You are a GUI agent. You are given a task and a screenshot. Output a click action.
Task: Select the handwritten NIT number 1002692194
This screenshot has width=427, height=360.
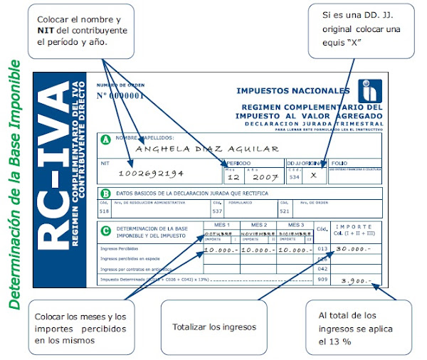coord(151,173)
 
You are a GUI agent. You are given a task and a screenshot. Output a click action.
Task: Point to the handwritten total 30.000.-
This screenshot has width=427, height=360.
coord(352,248)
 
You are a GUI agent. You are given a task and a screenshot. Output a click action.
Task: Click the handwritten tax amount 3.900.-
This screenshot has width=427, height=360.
coord(357,280)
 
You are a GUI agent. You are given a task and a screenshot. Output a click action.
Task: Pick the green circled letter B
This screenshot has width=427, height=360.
coord(106,193)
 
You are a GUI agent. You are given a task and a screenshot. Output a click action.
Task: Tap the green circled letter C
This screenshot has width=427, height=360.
coord(106,229)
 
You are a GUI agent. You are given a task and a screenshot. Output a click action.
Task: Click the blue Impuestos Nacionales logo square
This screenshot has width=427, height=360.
coord(369,90)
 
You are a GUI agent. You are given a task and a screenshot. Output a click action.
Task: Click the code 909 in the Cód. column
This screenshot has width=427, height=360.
coord(322,280)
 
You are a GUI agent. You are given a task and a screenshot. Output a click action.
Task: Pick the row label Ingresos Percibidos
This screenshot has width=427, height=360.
coord(119,249)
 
